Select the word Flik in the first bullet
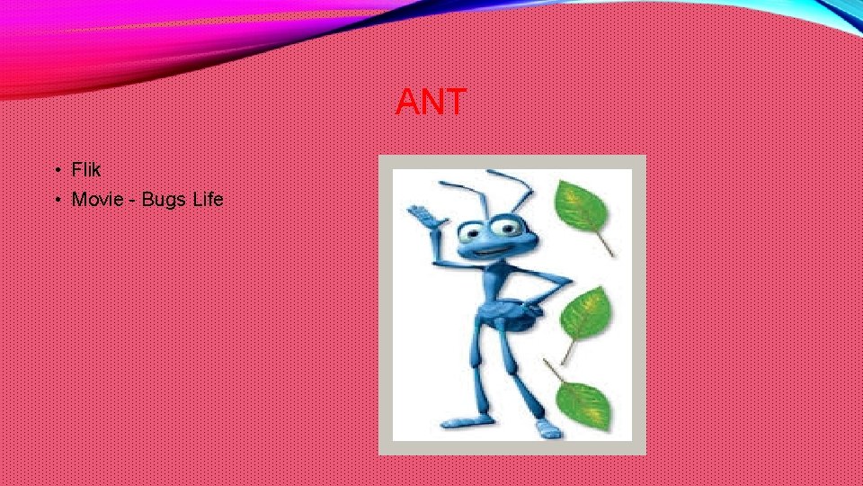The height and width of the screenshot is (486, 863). click(86, 170)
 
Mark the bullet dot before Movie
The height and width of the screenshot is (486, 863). click(56, 200)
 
